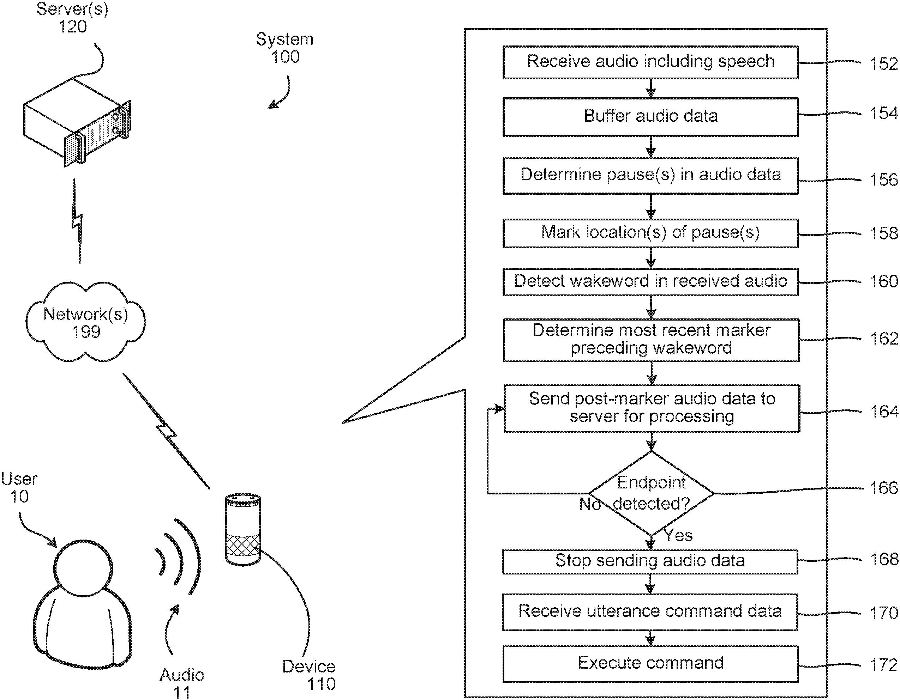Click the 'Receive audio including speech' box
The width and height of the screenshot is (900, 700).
coord(650,62)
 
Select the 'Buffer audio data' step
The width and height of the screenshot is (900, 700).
coord(650,116)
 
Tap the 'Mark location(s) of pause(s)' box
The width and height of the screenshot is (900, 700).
coord(650,233)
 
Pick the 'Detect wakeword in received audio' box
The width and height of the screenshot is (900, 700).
coord(650,282)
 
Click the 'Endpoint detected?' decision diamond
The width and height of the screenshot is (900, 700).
coord(651,493)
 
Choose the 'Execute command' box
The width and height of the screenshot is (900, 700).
coord(650,663)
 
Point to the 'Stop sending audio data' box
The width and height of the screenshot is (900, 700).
coord(650,561)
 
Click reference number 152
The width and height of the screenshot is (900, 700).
coord(883,64)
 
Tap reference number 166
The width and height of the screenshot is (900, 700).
coord(883,488)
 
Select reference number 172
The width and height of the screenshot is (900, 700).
coord(883,665)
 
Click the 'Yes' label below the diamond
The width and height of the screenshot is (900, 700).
coord(678,535)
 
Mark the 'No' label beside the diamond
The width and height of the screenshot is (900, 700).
coord(590,504)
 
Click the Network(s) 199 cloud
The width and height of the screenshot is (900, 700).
coord(86,322)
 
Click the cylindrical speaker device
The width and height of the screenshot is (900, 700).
coord(243,529)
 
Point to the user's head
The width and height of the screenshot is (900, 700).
coord(83,568)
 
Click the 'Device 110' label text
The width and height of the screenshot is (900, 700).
coord(310,675)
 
